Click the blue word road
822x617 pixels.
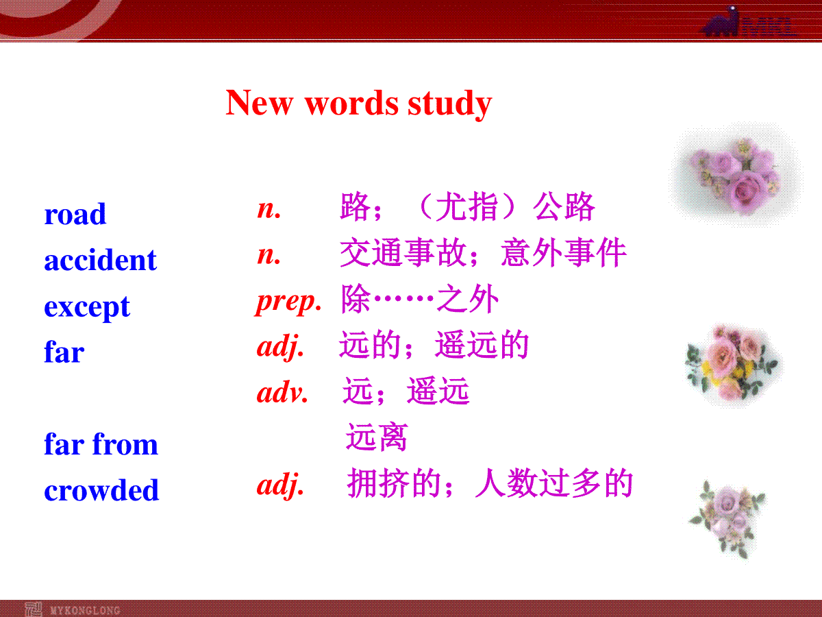[x=75, y=214]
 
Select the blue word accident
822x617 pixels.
[x=101, y=259]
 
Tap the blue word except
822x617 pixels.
[x=87, y=308]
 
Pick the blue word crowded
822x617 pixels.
[x=101, y=489]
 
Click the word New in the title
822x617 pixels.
[x=259, y=103]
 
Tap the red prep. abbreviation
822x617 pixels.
[x=288, y=302]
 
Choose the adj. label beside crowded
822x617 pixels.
[x=280, y=485]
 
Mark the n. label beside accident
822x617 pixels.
[x=269, y=256]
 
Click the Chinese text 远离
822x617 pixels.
[x=376, y=437]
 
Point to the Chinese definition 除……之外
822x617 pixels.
[x=420, y=299]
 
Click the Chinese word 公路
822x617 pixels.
[x=564, y=206]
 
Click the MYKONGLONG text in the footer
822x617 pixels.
[x=85, y=610]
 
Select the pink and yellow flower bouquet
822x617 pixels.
[x=733, y=365]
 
